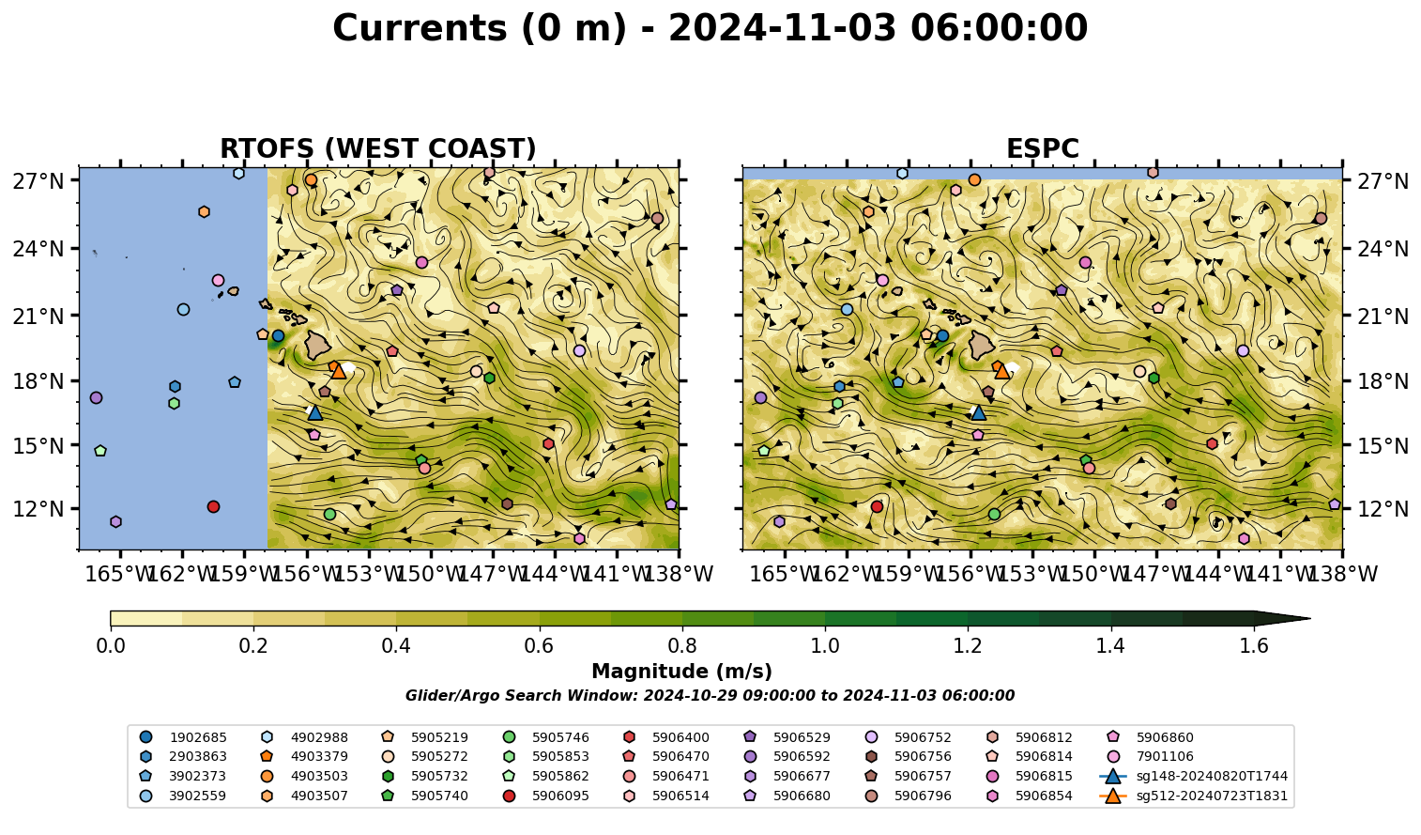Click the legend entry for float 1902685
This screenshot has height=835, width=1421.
coord(183,737)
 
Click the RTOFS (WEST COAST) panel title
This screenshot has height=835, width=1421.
coord(378,148)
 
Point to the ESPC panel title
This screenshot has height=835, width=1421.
coord(1042,148)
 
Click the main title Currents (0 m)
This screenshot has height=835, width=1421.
coord(480,28)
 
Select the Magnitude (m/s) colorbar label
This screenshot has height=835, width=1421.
coord(682,672)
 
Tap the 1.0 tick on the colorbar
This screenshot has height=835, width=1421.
coord(825,646)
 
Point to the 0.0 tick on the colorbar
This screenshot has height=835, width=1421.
coord(111,646)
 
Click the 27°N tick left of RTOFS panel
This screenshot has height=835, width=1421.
coord(38,181)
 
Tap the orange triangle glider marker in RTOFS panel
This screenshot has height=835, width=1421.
coord(339,371)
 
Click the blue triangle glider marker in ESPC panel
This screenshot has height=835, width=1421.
coord(979,412)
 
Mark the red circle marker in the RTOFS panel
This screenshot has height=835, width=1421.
coord(213,506)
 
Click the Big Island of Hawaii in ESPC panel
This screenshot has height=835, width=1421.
coord(982,346)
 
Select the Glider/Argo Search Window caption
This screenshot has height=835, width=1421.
coord(710,695)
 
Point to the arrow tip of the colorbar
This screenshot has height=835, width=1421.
coord(1310,618)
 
